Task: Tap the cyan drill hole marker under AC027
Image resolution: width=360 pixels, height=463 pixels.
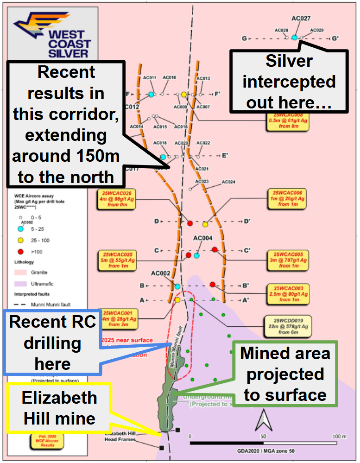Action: point(294,37)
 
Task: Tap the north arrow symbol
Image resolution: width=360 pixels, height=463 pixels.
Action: point(263,420)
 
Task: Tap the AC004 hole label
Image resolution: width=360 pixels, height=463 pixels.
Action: point(202,238)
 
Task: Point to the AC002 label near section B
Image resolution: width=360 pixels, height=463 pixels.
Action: point(160,273)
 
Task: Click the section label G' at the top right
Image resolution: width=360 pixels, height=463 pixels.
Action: point(335,38)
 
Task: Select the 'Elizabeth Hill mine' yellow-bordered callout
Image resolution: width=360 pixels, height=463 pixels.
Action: point(59,408)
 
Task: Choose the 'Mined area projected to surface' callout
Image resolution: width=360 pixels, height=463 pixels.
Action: point(285,374)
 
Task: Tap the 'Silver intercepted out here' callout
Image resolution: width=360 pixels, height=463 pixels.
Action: point(289,82)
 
